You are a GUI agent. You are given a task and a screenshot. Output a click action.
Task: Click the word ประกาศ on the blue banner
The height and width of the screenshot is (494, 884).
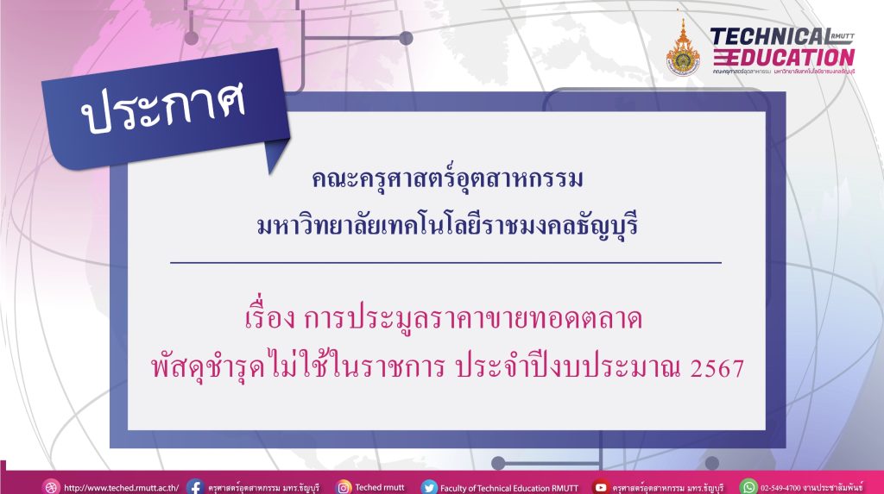tap(164, 107)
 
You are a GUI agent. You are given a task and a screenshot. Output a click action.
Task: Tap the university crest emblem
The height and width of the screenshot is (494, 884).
tap(683, 49)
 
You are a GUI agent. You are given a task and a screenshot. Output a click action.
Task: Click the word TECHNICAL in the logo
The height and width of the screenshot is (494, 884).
tap(769, 37)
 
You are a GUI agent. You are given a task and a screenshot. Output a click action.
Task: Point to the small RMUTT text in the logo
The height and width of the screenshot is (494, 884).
tap(843, 36)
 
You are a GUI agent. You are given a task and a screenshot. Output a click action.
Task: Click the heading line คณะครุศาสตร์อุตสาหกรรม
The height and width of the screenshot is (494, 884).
tap(447, 179)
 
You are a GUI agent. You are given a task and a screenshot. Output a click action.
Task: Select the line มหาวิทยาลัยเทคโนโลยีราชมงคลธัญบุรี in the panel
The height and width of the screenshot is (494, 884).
tap(447, 226)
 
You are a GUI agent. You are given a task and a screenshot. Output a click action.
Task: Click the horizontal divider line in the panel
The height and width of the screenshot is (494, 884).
tap(445, 262)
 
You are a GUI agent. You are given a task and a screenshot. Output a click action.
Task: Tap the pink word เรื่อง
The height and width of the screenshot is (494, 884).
tap(270, 317)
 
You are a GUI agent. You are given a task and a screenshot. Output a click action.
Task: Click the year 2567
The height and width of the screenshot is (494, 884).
tap(717, 369)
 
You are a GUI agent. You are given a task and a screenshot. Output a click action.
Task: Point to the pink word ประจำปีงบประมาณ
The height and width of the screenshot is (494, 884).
tap(568, 367)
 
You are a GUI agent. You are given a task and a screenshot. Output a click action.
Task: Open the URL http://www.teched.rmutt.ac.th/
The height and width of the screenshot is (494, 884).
tap(121, 488)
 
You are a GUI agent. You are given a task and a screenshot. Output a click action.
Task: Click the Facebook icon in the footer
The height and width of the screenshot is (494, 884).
tap(195, 487)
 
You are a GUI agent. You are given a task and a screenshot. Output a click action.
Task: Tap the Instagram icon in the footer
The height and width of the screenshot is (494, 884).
tap(344, 487)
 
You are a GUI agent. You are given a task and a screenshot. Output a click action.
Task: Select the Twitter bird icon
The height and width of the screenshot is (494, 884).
tap(429, 487)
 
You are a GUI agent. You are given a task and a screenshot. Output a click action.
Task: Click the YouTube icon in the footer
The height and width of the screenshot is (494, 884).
tap(601, 487)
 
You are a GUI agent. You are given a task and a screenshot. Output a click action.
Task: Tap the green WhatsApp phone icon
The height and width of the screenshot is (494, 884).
tap(748, 487)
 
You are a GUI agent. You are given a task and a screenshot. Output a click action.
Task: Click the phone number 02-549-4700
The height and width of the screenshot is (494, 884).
tap(780, 488)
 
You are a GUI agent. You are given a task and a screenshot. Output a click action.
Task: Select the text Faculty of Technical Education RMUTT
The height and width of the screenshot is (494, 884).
tap(509, 488)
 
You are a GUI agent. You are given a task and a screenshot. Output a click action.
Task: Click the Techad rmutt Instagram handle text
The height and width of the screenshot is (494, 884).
tap(380, 487)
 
